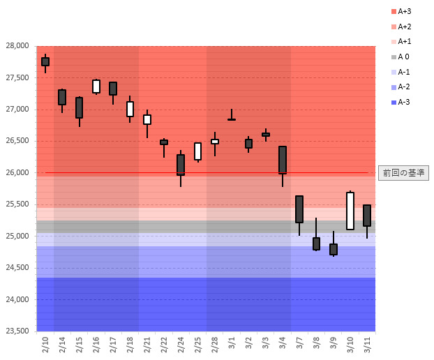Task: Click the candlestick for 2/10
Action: point(45,61)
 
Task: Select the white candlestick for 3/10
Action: point(350,211)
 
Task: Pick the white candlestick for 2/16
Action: point(96,86)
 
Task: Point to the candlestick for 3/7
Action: point(299,209)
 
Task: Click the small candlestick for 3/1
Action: point(232,119)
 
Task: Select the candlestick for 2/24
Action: point(181,165)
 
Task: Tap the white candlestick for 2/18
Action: point(130,109)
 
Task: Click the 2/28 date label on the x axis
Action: point(215,343)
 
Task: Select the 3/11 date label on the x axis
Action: point(368,343)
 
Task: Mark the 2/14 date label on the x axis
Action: point(62,343)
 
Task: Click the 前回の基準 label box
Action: point(404,172)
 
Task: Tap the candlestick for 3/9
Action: point(334,249)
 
